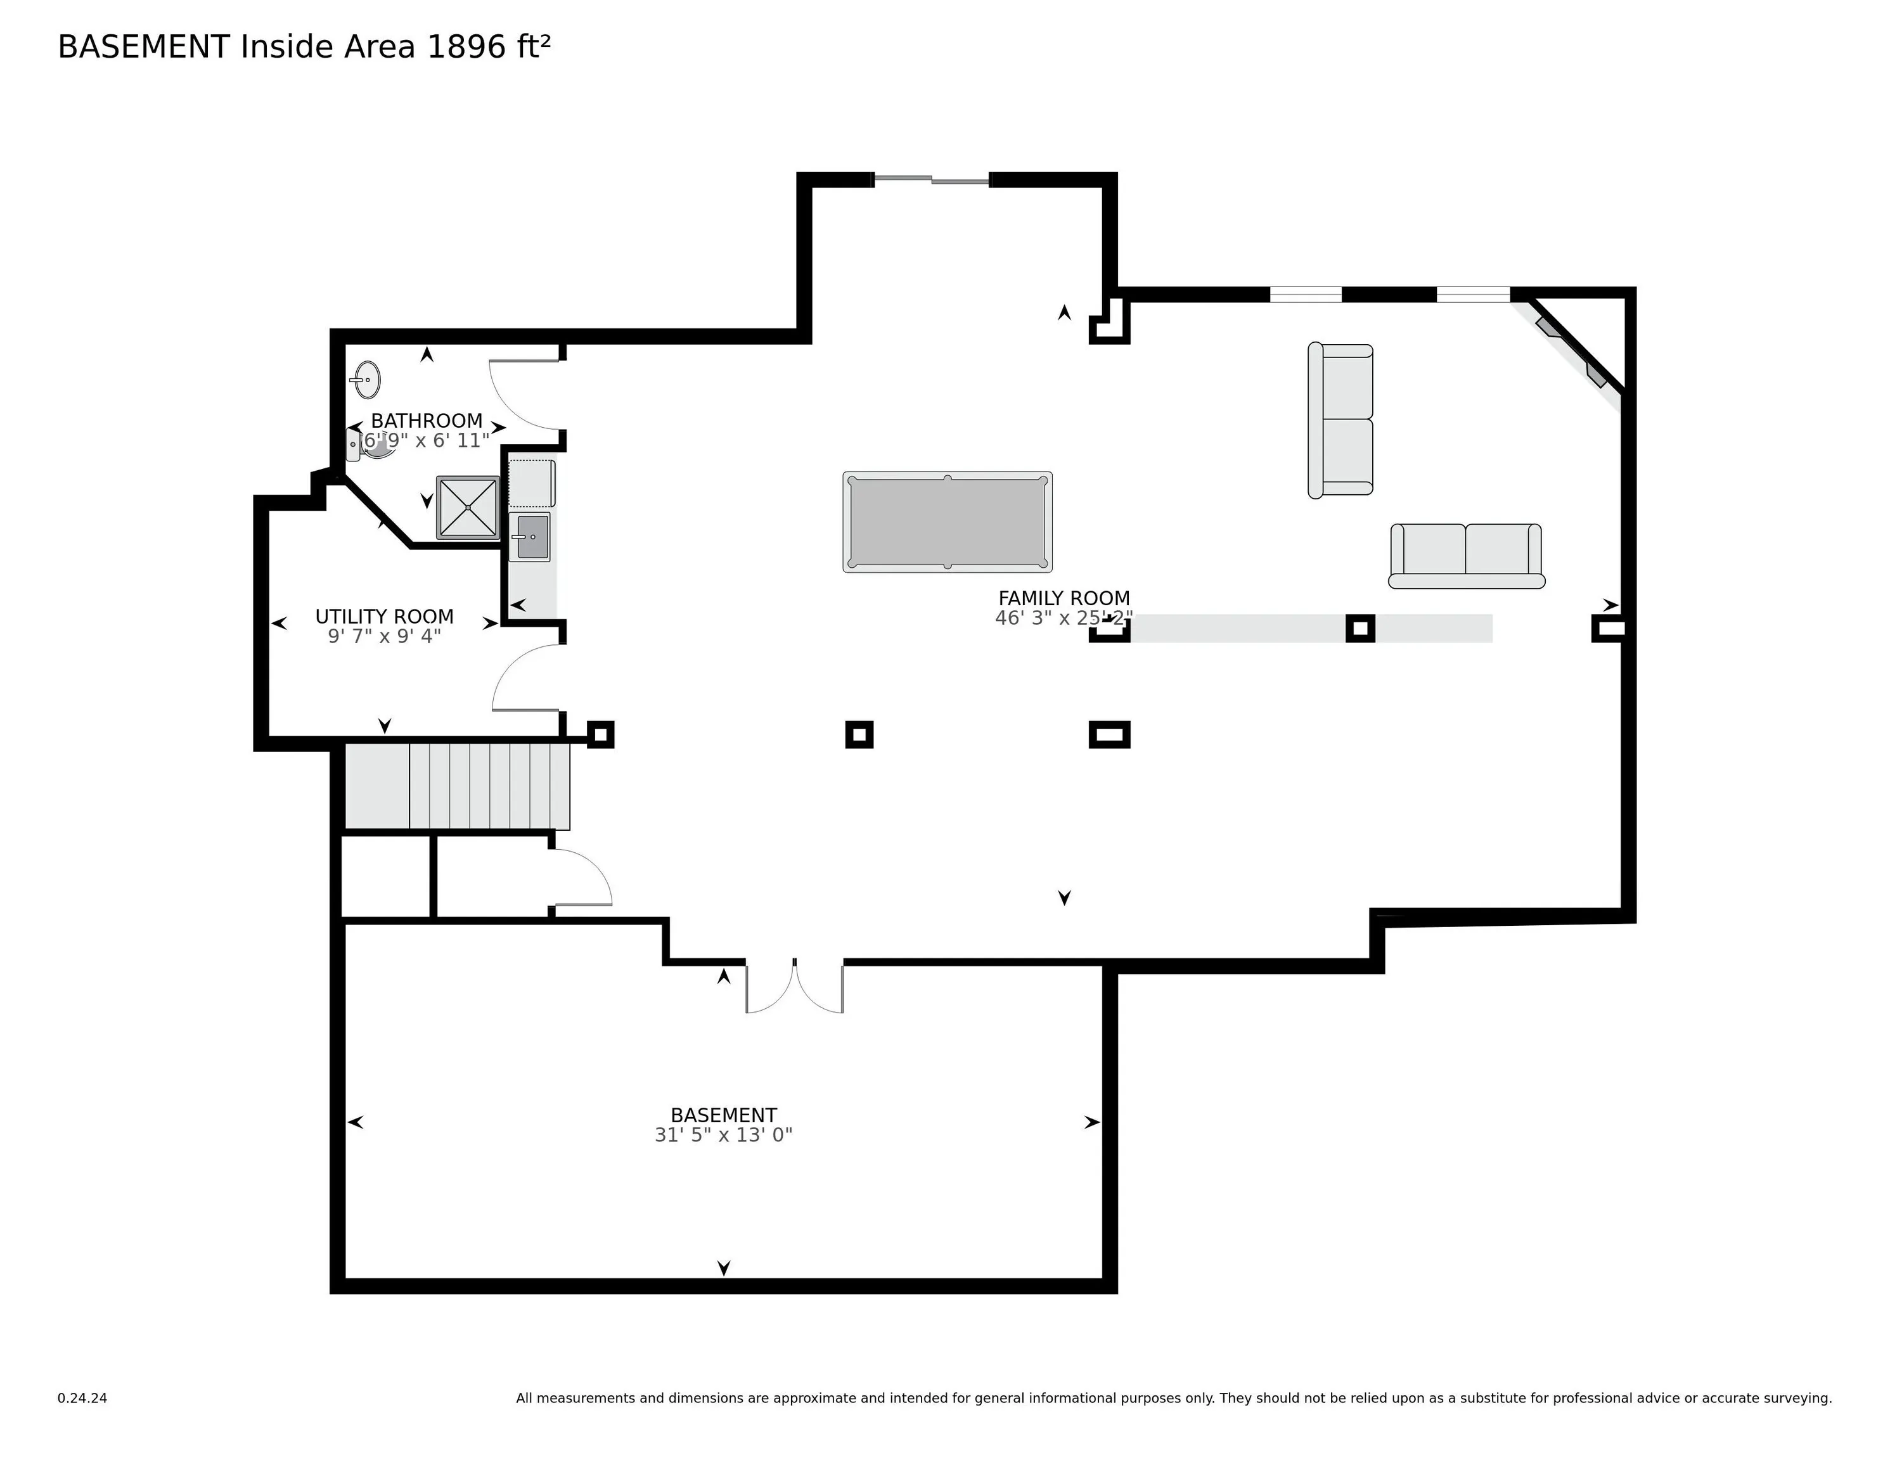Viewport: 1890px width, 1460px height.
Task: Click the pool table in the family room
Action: pyautogui.click(x=948, y=522)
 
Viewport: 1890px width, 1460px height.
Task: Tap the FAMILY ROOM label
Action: pyautogui.click(x=1064, y=598)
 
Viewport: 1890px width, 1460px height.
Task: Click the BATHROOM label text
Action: pyautogui.click(x=427, y=421)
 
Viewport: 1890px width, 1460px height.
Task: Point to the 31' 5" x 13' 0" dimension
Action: pyautogui.click(x=723, y=1134)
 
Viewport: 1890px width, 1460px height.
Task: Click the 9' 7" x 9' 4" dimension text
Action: pyautogui.click(x=384, y=636)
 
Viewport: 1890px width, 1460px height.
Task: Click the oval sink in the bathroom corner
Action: pyautogui.click(x=367, y=379)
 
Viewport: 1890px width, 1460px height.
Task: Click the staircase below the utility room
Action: pyautogui.click(x=458, y=786)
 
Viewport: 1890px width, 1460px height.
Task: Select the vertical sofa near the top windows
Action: pyautogui.click(x=1340, y=421)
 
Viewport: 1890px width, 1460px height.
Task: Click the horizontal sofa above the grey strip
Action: pyautogui.click(x=1467, y=556)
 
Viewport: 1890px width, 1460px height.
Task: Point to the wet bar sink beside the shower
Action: pyautogui.click(x=530, y=537)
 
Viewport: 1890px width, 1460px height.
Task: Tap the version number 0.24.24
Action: pyautogui.click(x=82, y=1398)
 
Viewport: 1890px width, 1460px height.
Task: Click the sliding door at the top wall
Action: pyautogui.click(x=931, y=180)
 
